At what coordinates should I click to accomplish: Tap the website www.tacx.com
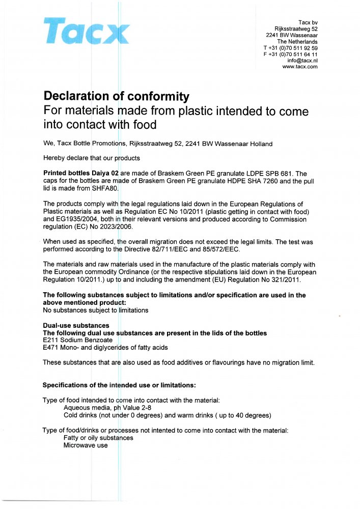300,67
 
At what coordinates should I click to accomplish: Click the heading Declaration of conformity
117,96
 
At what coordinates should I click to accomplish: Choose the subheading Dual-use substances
76,325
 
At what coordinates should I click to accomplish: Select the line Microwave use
86,445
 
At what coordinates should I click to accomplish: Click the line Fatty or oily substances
98,438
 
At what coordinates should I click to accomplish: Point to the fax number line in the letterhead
290,54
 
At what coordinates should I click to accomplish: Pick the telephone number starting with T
290,48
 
